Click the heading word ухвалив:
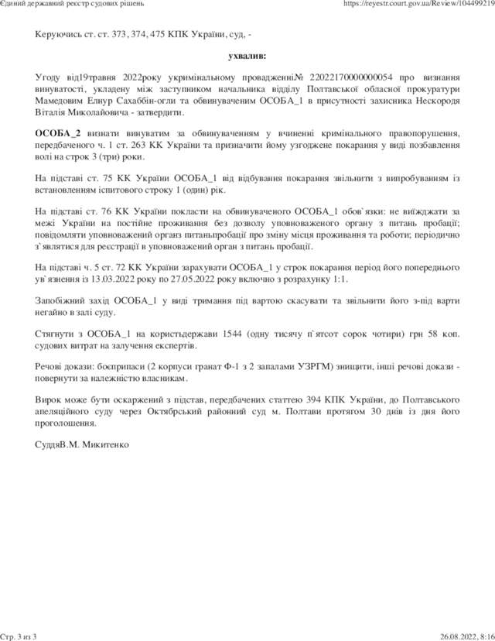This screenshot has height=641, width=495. pyautogui.click(x=247, y=57)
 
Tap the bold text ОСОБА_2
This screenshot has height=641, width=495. pyautogui.click(x=59, y=132)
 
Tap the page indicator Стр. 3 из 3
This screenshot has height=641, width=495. pyautogui.click(x=19, y=636)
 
